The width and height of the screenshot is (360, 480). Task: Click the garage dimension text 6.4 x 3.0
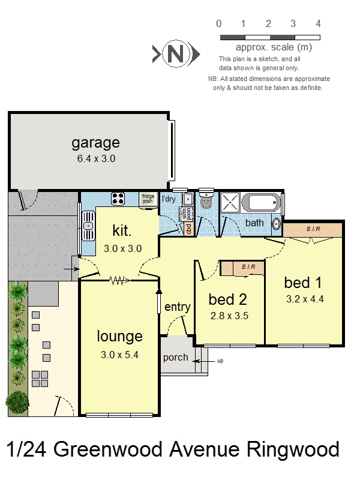click(x=95, y=159)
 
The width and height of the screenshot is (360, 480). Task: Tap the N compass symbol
click(x=175, y=55)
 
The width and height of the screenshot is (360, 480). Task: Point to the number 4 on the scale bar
click(x=318, y=24)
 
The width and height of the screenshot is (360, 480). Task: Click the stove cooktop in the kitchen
click(x=118, y=198)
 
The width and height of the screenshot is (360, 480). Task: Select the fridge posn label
click(x=148, y=199)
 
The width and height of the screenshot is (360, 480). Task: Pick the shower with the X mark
click(x=231, y=202)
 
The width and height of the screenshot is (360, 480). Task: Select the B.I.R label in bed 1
click(x=313, y=229)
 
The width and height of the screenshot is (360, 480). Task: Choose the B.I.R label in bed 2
click(x=248, y=266)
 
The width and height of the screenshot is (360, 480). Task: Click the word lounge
click(x=119, y=336)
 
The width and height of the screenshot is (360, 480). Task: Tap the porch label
click(x=176, y=358)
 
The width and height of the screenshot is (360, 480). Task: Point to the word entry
click(x=177, y=307)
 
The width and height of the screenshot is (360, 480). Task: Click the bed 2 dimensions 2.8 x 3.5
click(x=229, y=315)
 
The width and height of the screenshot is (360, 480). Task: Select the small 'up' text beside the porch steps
click(x=220, y=361)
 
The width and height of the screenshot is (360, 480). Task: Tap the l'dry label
click(x=169, y=199)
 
